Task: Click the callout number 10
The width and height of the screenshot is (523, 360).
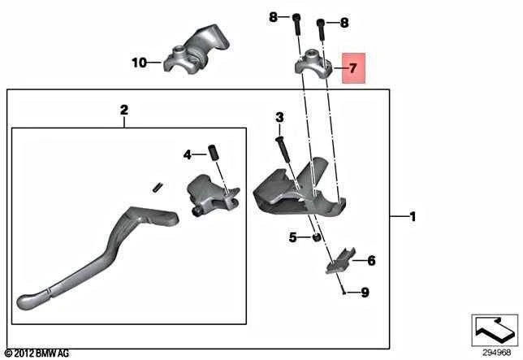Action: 140,63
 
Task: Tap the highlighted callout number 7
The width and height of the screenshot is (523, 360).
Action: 353,68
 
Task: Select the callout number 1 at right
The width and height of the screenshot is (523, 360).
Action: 413,217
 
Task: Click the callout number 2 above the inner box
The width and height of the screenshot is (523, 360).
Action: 123,110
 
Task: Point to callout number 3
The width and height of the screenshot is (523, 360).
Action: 279,117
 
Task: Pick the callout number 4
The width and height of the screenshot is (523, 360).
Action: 187,154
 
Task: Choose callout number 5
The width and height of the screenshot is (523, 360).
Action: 292,237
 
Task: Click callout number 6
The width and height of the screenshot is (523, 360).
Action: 371,260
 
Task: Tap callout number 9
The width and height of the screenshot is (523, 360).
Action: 365,293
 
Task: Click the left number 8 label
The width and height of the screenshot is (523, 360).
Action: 273,17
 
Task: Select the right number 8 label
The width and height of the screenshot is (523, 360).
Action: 344,23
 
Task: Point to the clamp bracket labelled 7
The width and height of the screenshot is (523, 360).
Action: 313,63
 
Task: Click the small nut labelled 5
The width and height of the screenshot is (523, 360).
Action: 316,237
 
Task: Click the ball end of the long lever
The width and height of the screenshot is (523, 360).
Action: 25,302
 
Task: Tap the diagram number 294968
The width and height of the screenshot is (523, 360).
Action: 497,353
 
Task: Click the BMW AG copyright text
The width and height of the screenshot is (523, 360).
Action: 37,353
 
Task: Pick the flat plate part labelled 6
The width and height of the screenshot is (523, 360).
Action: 340,261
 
